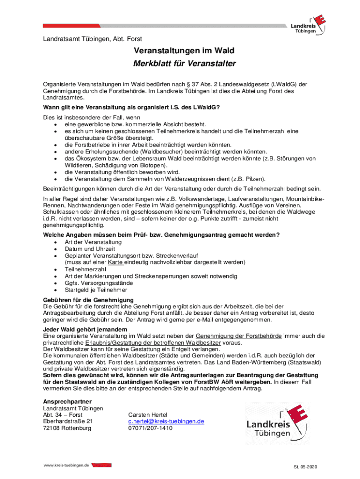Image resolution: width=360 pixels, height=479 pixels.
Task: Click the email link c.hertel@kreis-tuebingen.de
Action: (x=166, y=421)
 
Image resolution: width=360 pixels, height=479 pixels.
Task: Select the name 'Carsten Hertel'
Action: (x=147, y=415)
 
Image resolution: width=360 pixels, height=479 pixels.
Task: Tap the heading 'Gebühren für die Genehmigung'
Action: (x=88, y=300)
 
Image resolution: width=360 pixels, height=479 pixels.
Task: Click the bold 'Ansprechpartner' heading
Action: (x=67, y=402)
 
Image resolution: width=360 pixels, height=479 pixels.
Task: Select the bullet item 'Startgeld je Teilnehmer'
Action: (x=96, y=290)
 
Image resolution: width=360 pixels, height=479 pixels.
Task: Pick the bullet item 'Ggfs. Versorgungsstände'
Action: (x=99, y=283)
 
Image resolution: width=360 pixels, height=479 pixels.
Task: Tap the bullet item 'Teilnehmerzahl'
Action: (x=86, y=269)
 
